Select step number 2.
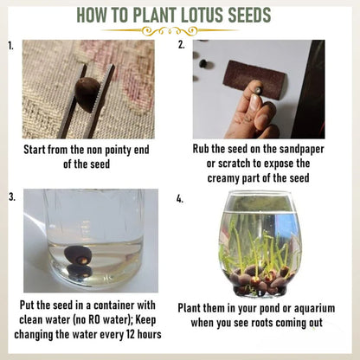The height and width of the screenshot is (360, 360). pyautogui.click(x=182, y=43)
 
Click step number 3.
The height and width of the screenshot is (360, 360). pyautogui.click(x=10, y=197)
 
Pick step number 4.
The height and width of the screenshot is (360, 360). pyautogui.click(x=180, y=198)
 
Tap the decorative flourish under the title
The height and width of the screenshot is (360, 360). pyautogui.click(x=179, y=29)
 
